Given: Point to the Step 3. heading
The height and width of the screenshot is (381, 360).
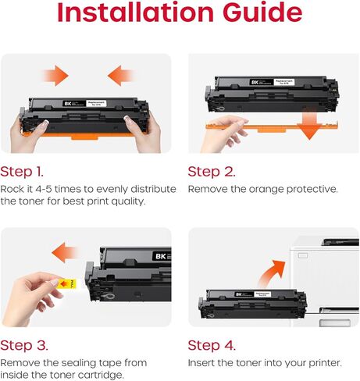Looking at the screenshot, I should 23,345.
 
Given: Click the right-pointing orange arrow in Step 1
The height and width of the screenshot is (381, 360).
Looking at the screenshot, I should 55,76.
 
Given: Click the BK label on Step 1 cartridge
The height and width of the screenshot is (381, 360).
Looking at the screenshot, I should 68,102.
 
